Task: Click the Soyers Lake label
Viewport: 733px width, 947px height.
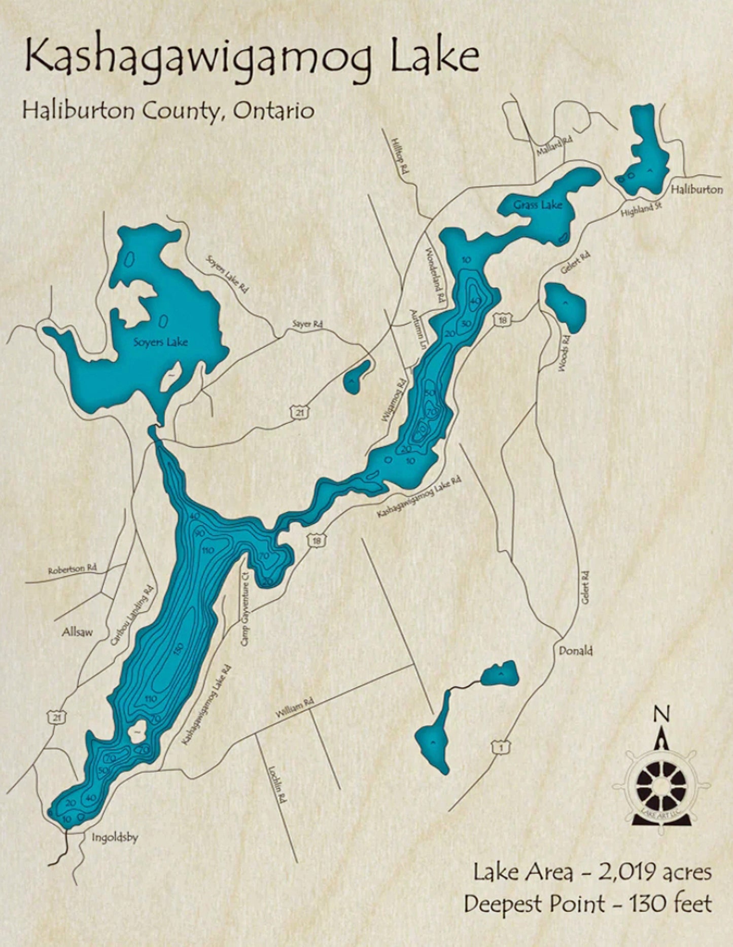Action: click(160, 342)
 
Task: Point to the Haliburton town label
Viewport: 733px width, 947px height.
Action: click(696, 189)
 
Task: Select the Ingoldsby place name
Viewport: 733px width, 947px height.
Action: click(115, 838)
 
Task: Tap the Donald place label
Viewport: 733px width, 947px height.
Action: click(575, 650)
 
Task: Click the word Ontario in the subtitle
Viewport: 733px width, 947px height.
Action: click(274, 111)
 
